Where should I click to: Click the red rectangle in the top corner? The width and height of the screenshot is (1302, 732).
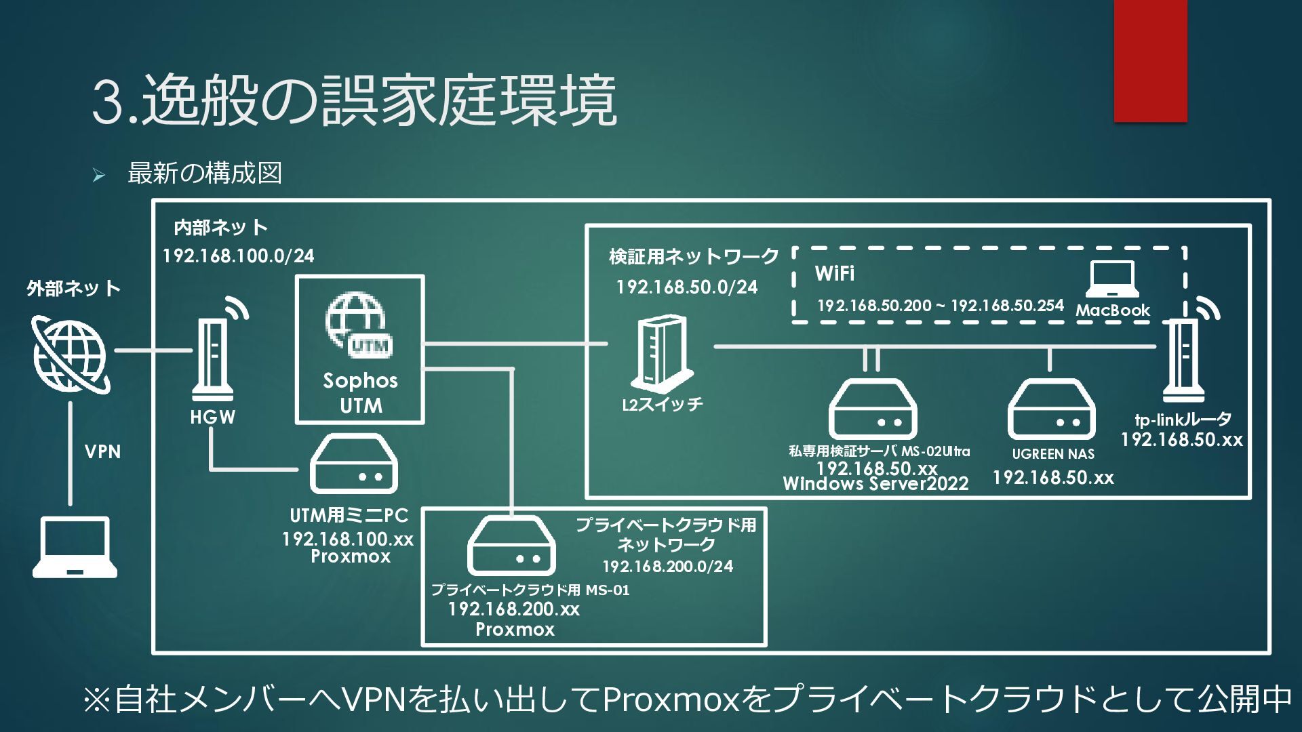tap(1150, 61)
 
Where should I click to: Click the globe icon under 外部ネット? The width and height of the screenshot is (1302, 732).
tap(71, 354)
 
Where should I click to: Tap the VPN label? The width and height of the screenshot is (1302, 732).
tap(102, 451)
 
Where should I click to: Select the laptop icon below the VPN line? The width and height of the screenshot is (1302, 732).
tap(75, 547)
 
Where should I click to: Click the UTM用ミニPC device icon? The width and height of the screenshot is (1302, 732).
tap(353, 464)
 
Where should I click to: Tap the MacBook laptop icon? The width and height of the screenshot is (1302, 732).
tap(1112, 279)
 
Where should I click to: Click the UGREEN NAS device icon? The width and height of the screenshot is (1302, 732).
tap(1051, 409)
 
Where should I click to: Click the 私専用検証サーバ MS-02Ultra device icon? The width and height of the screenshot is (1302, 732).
tap(873, 409)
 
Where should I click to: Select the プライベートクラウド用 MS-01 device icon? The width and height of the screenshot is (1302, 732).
tap(511, 546)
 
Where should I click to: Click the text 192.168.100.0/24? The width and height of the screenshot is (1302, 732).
tap(239, 256)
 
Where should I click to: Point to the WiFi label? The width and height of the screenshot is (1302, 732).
tap(835, 274)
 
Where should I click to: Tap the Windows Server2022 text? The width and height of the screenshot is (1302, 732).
tap(875, 484)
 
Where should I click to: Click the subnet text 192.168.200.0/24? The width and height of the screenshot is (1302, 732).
tap(668, 567)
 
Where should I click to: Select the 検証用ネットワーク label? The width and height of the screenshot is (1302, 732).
tap(694, 257)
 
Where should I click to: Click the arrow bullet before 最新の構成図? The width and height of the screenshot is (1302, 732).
tap(99, 176)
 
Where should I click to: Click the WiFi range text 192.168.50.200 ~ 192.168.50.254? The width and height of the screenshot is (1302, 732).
tap(941, 306)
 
